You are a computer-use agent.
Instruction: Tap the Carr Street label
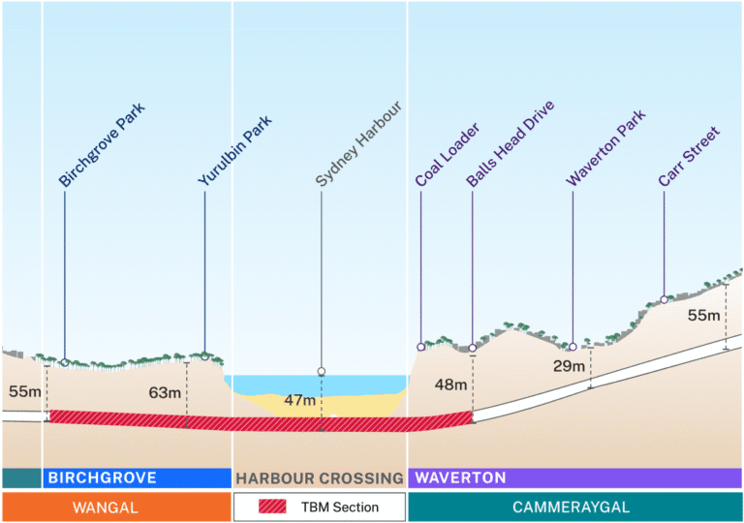click(x=688, y=155)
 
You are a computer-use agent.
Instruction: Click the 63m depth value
click(x=165, y=392)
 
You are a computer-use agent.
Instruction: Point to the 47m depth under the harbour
click(x=300, y=400)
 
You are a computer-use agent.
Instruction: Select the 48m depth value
click(x=451, y=385)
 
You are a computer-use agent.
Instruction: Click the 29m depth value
click(x=569, y=366)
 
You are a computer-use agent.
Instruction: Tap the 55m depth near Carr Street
click(x=704, y=316)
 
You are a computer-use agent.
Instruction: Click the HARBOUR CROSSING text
click(x=320, y=478)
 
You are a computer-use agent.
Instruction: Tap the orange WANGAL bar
click(x=115, y=507)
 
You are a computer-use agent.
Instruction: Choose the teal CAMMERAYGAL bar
click(x=574, y=507)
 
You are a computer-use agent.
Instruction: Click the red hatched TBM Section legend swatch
click(x=275, y=507)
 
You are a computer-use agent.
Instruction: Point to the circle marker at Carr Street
click(x=664, y=299)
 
